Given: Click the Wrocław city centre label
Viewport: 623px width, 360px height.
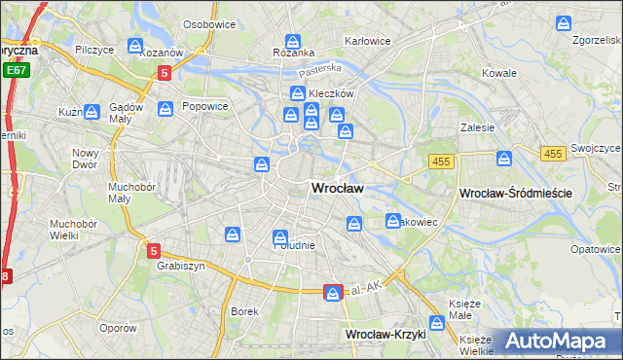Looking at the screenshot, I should [x=337, y=189].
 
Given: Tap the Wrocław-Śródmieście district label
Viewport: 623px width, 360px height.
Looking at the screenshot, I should [x=515, y=194].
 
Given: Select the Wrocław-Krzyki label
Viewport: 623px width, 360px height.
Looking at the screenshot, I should [x=386, y=334].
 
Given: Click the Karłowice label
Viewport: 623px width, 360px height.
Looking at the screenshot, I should [x=368, y=41].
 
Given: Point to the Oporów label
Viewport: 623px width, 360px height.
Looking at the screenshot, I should [x=117, y=328].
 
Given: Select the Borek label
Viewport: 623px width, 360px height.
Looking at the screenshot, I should [x=244, y=311].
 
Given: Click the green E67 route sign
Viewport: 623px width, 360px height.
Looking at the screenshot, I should [x=15, y=71].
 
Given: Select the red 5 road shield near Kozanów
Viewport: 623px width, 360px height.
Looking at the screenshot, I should [x=165, y=72].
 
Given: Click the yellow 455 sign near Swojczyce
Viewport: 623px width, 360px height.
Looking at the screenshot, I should [x=554, y=154].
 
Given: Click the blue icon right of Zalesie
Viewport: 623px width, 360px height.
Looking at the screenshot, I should [x=504, y=159].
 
